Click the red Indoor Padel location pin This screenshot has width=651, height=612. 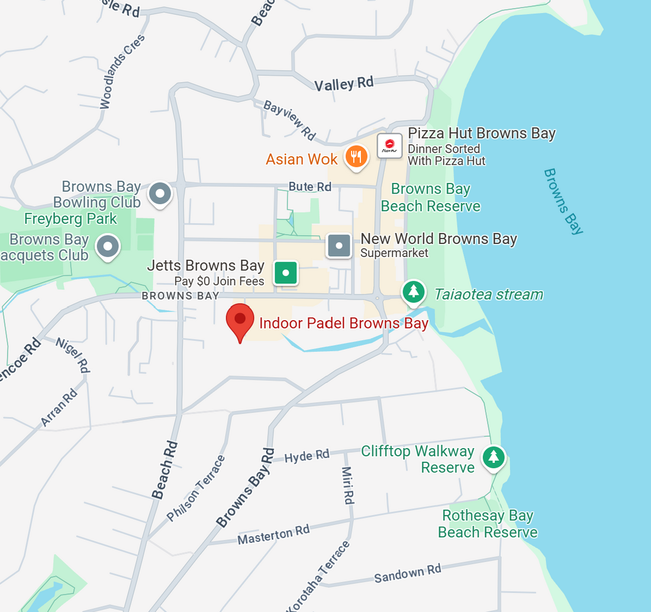click(x=240, y=320)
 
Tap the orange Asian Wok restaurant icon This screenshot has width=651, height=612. click(x=356, y=156)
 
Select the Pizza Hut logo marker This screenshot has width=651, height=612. click(x=389, y=145)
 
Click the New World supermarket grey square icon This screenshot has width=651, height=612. click(x=340, y=246)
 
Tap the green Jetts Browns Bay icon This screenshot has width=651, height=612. click(x=285, y=273)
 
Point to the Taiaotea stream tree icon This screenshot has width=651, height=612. click(x=414, y=291)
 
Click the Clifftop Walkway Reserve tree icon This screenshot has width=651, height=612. click(x=494, y=457)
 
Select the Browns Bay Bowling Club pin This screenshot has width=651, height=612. click(x=160, y=194)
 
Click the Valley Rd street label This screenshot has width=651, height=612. click(x=344, y=84)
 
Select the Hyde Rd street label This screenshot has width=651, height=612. click(x=307, y=456)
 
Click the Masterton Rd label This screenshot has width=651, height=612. click(x=273, y=534)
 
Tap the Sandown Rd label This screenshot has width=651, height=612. click(x=408, y=573)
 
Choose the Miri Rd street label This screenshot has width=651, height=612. click(x=348, y=485)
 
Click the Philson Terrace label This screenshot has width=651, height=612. click(x=196, y=488)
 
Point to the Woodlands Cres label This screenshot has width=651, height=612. click(x=122, y=72)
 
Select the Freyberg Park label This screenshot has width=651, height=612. click(x=70, y=218)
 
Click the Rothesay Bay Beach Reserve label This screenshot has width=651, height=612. click(x=488, y=524)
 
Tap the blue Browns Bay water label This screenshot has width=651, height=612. click(x=563, y=201)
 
